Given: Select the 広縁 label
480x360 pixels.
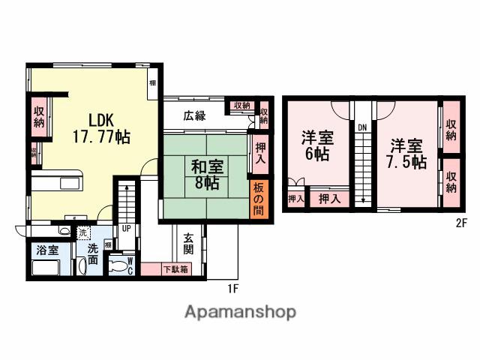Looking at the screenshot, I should pos(194,115).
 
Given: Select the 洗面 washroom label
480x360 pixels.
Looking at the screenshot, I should pos(92,255).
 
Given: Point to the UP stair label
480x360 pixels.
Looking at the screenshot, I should pos(126,229).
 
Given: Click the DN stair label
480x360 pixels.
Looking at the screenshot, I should pos(361,127).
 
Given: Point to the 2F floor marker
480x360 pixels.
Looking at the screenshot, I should pos(462,223).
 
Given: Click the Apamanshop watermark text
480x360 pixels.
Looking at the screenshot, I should pos(240,312).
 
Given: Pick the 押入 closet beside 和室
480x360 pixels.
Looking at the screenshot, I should pos(260,154).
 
